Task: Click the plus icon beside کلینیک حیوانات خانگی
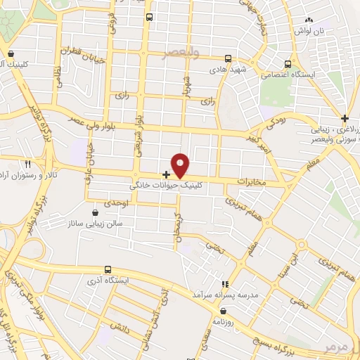[166, 174]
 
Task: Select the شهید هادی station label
[226, 71]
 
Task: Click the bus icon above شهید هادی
[228, 59]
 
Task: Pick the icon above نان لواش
[309, 20]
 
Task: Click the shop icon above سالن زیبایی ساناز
[96, 212]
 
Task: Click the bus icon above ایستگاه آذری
[108, 269]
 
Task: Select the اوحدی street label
[115, 202]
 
